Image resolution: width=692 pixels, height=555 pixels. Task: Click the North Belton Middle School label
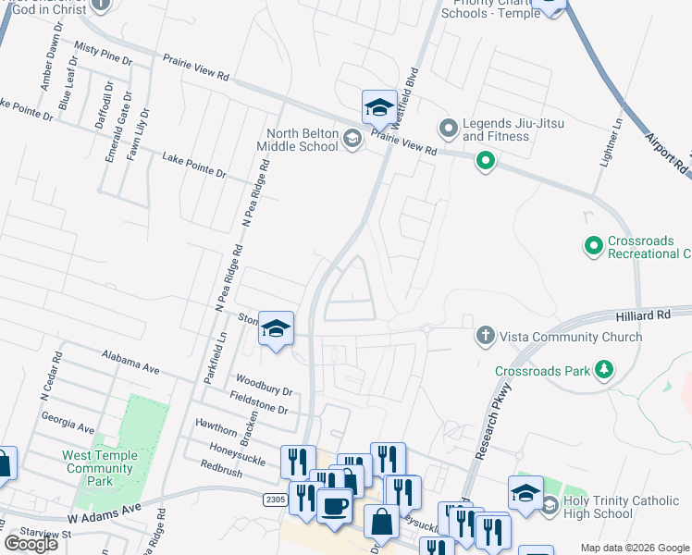pos(302,140)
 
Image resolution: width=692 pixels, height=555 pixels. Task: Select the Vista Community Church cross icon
pos(485,336)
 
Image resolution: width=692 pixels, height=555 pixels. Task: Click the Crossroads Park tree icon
pos(604,371)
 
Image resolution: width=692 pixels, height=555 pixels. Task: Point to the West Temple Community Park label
pos(100,468)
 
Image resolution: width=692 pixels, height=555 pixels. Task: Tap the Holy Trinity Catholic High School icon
pos(550,505)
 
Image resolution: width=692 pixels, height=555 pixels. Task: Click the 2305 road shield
pos(275,499)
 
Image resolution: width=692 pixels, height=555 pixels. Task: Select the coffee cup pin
pos(334,506)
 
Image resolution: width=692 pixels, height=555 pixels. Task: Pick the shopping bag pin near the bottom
pos(381,522)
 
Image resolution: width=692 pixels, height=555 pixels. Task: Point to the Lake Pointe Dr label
pos(194,166)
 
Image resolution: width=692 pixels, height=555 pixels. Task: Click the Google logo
pos(31,544)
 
